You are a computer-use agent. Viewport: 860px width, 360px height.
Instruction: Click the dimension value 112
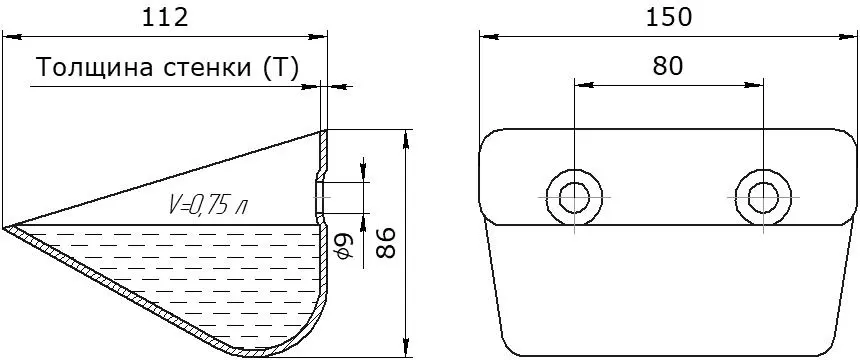pyautogui.click(x=165, y=18)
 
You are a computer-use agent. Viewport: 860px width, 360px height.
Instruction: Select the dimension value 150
pyautogui.click(x=669, y=18)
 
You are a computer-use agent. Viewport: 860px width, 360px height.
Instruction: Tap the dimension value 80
pyautogui.click(x=668, y=66)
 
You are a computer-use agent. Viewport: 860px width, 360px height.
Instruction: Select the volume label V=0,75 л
pyautogui.click(x=207, y=206)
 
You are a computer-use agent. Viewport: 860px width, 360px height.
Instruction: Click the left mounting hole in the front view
pyautogui.click(x=574, y=196)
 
